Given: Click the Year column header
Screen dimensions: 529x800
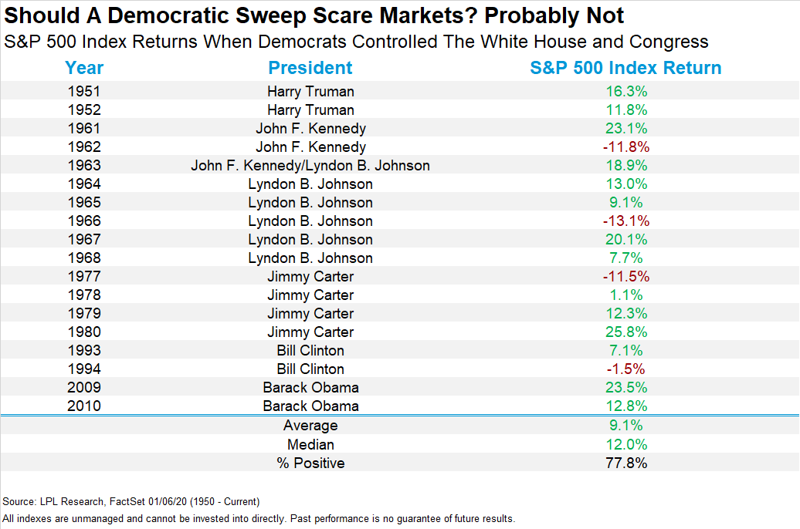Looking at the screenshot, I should coord(84,68).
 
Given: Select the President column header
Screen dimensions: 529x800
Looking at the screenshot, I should coord(310,68).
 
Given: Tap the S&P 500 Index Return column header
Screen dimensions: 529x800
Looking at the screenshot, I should coord(625,68).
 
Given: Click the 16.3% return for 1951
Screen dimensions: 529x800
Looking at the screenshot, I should coord(625,91).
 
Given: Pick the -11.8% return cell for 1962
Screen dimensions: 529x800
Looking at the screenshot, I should coord(625,147).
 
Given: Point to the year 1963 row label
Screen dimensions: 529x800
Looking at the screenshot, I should coord(84,165).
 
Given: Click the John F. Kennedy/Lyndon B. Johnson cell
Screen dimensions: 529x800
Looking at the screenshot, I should coord(310,165).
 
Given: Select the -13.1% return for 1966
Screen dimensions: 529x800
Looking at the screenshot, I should coord(625,221).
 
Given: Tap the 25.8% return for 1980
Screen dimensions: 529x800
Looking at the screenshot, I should coord(625,332).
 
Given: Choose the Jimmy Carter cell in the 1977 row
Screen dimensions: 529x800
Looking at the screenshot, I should coord(310,276).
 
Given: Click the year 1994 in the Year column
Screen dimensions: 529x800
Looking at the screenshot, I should coord(84,369).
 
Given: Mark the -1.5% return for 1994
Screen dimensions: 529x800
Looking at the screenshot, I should coord(625,369).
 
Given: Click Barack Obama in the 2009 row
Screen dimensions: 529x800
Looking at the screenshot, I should coord(310,387).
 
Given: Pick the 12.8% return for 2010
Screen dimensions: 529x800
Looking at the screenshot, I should coord(625,406).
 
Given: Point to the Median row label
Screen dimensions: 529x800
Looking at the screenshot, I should coord(310,444).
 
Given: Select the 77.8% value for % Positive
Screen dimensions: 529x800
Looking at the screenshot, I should coord(625,463).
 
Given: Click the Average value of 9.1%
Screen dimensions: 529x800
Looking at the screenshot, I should coord(625,426).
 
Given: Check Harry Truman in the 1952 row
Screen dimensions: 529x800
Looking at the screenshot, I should coord(310,110).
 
